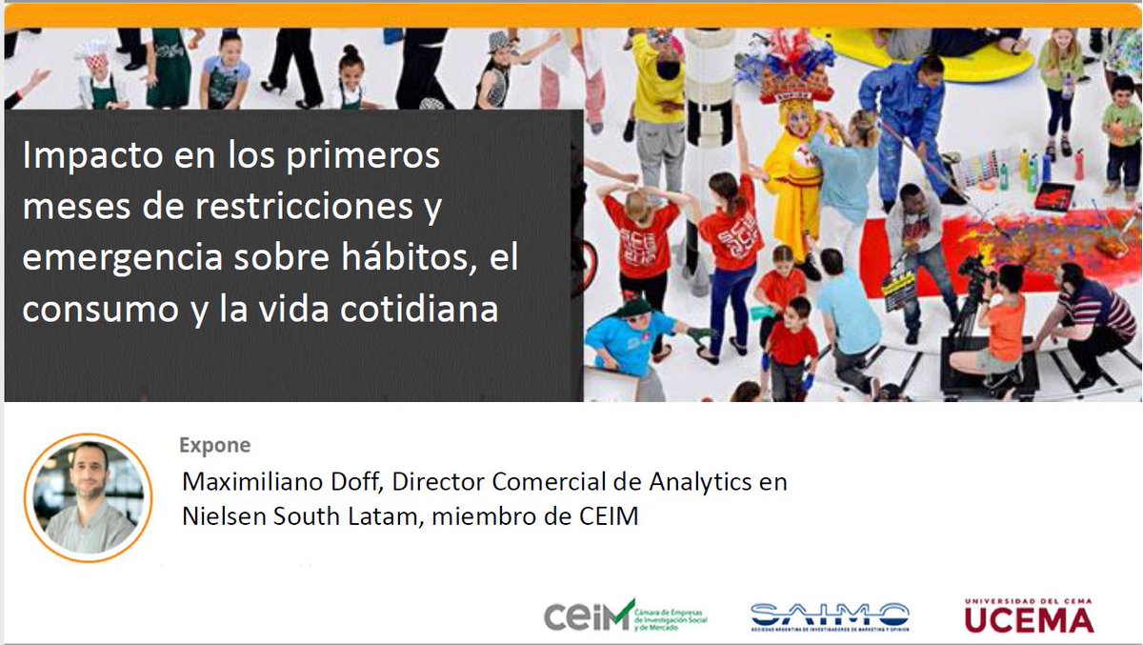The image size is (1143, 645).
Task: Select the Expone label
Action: (x=214, y=445)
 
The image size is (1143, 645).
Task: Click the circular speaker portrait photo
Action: (x=88, y=497)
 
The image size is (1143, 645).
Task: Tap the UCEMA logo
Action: (x=1029, y=616)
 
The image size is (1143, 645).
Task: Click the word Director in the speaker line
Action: (x=437, y=482)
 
